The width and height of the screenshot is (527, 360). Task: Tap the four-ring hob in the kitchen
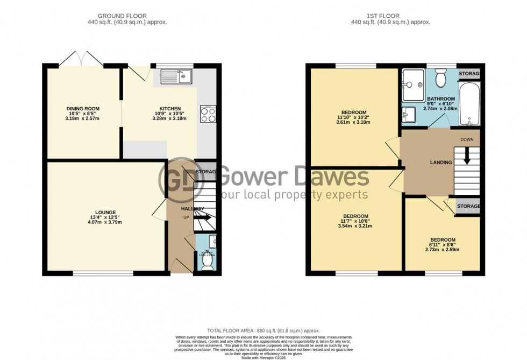click(x=208, y=114)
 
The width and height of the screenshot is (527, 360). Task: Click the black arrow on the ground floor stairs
click(x=203, y=217)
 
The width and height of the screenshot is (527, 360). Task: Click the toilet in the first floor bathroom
click(x=441, y=80)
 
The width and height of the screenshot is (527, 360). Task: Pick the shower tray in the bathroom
click(x=412, y=84)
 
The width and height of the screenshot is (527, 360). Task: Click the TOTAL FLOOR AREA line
click(x=263, y=330)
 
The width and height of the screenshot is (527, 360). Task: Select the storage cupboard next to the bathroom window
click(x=469, y=74)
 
